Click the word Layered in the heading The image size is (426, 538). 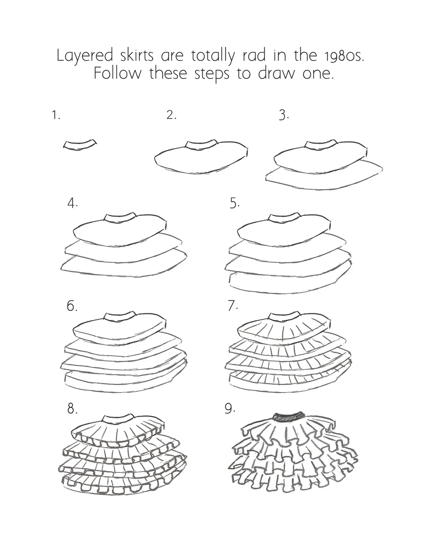(85, 56)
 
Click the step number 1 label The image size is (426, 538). (56, 115)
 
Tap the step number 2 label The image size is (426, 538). (171, 115)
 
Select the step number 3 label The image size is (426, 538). (284, 115)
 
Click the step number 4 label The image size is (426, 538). (72, 203)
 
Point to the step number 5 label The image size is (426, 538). (234, 203)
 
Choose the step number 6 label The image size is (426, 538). (72, 306)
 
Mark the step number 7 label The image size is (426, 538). (233, 306)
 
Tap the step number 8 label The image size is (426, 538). (72, 409)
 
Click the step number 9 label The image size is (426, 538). (230, 409)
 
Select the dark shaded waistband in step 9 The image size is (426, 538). (289, 417)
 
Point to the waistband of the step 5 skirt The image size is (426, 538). (283, 218)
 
